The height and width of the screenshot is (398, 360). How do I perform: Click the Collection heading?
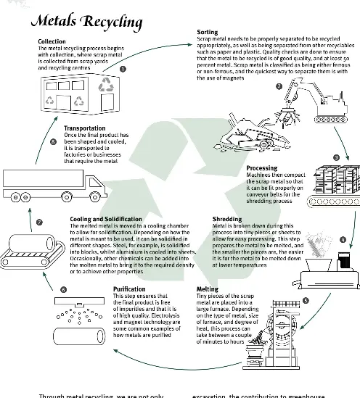pos(52,42)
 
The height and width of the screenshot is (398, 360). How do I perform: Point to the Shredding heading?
pos(226,218)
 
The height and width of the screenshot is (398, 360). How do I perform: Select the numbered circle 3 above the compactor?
pos(335,157)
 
